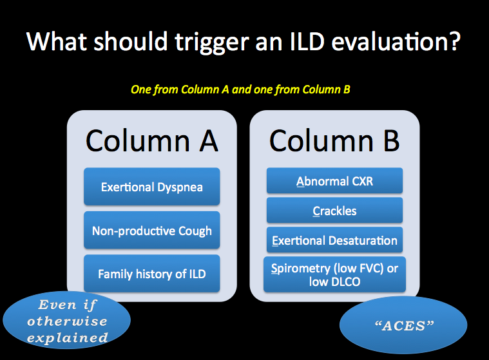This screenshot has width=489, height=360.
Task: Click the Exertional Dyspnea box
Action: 152,187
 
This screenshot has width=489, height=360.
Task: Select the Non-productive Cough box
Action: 152,231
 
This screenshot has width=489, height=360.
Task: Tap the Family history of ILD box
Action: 152,274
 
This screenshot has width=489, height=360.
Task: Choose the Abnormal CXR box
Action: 334,181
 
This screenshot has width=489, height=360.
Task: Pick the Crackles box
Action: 334,211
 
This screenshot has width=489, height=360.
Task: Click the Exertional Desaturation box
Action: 334,240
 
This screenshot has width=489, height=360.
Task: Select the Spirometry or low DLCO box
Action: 334,274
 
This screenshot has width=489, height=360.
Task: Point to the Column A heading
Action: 152,141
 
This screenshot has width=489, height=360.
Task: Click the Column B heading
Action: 334,141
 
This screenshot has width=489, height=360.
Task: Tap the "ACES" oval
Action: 403,325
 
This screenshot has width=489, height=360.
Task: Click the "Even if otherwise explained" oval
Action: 67,320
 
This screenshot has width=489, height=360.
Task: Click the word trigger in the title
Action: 212,43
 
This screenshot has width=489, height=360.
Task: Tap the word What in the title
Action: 57,41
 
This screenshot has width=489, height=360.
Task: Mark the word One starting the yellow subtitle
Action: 140,90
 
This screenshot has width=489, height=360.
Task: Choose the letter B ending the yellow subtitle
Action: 347,90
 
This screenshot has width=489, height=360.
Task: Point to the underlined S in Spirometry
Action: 274,269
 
